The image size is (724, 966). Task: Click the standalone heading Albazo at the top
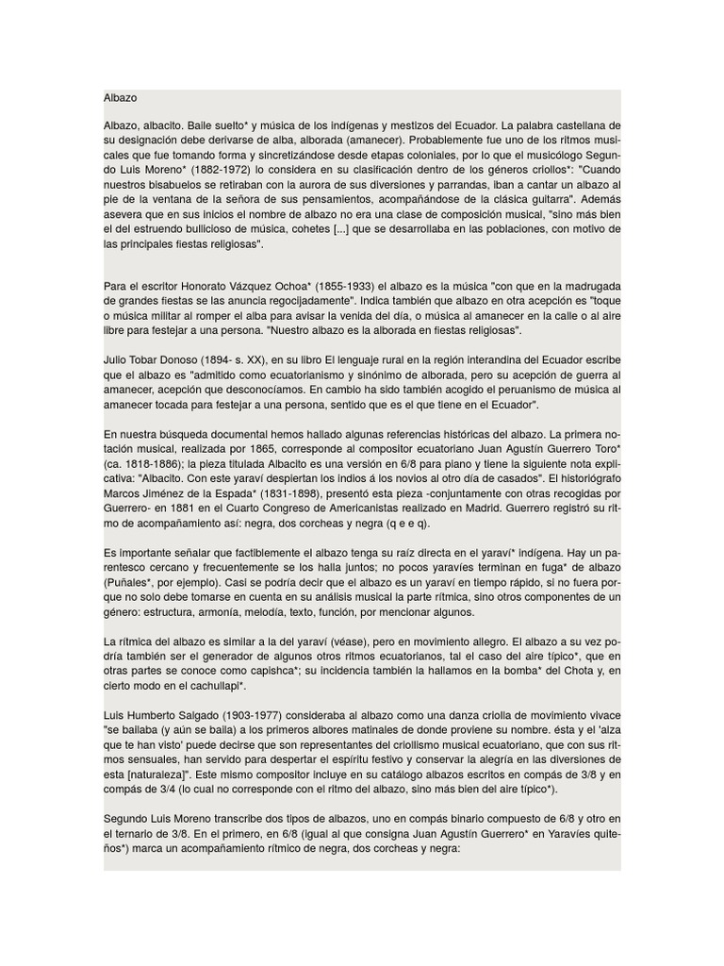tap(121, 97)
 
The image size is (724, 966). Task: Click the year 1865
tap(262, 448)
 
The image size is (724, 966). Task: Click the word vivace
tap(602, 713)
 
